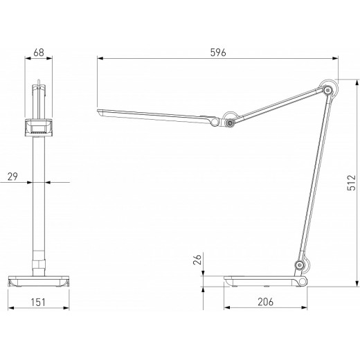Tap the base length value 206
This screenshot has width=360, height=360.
tap(266, 302)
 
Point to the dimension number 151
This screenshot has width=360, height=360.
tap(39, 302)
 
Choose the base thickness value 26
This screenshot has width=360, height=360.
tap(197, 260)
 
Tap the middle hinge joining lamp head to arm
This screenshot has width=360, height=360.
tap(229, 122)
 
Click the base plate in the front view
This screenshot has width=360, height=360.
tap(39, 281)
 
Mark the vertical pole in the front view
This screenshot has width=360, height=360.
tap(39, 201)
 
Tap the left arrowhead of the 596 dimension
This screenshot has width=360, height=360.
tap(100, 60)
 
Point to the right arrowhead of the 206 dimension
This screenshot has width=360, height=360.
tap(306, 308)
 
